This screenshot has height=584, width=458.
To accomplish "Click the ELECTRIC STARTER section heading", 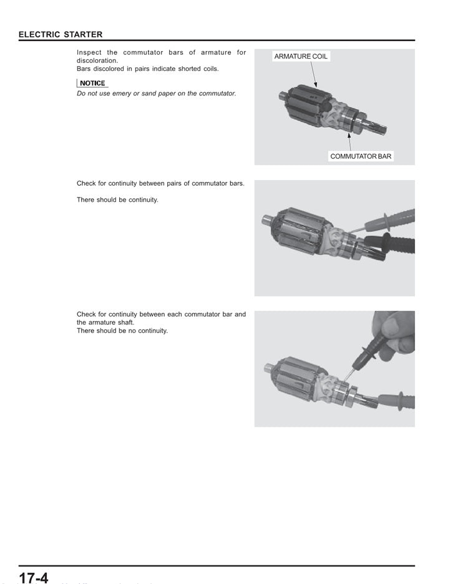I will (61, 34).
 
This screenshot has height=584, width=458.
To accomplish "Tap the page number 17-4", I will (33, 577).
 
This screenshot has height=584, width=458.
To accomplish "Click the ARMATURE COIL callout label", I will (301, 56).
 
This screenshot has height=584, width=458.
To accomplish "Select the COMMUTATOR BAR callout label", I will (361, 156).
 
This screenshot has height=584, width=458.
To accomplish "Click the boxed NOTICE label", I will (92, 83).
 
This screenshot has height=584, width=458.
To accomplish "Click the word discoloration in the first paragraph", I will (97, 61).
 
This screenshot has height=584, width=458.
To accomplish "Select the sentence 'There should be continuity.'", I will (117, 200).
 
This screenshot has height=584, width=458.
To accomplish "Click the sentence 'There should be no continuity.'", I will (122, 331).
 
